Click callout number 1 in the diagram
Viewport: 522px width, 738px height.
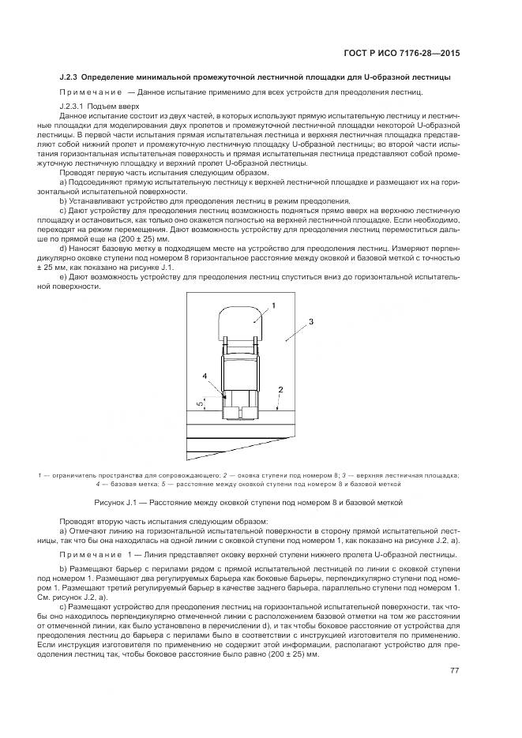tap(274, 304)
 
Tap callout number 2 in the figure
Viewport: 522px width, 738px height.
tap(280, 389)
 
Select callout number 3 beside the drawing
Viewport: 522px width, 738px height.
tap(311, 322)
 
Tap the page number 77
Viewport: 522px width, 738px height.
tap(455, 669)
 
